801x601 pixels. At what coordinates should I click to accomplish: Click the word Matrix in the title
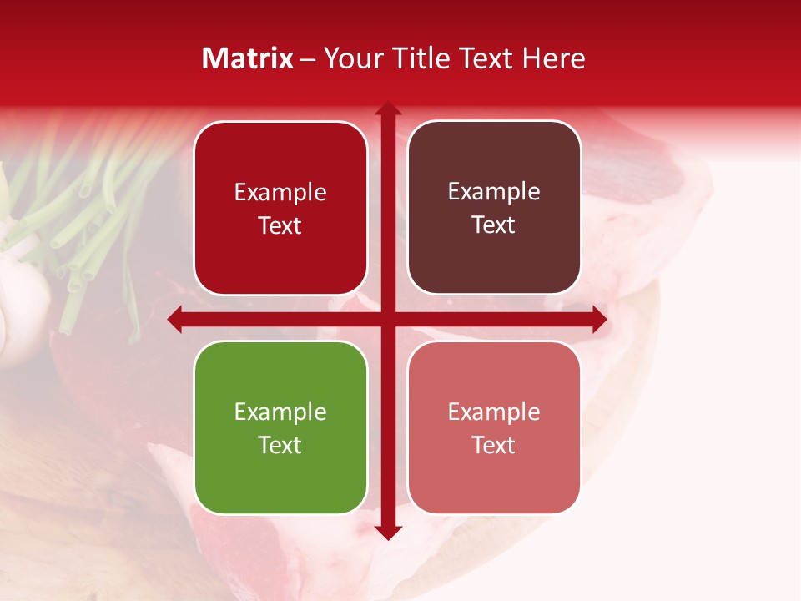[x=248, y=58]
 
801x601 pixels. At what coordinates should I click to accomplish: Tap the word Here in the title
[x=553, y=58]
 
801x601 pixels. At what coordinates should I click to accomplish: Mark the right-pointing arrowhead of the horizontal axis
[x=599, y=319]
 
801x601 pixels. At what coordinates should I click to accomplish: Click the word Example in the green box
[x=280, y=412]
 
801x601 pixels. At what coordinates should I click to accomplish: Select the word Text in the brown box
[x=493, y=225]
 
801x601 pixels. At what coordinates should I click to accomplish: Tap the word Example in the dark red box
[x=280, y=192]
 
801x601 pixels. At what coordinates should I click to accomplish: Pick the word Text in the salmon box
[x=493, y=445]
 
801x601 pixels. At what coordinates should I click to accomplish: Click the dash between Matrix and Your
[x=309, y=59]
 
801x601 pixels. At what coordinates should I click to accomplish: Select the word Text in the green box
[x=280, y=445]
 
